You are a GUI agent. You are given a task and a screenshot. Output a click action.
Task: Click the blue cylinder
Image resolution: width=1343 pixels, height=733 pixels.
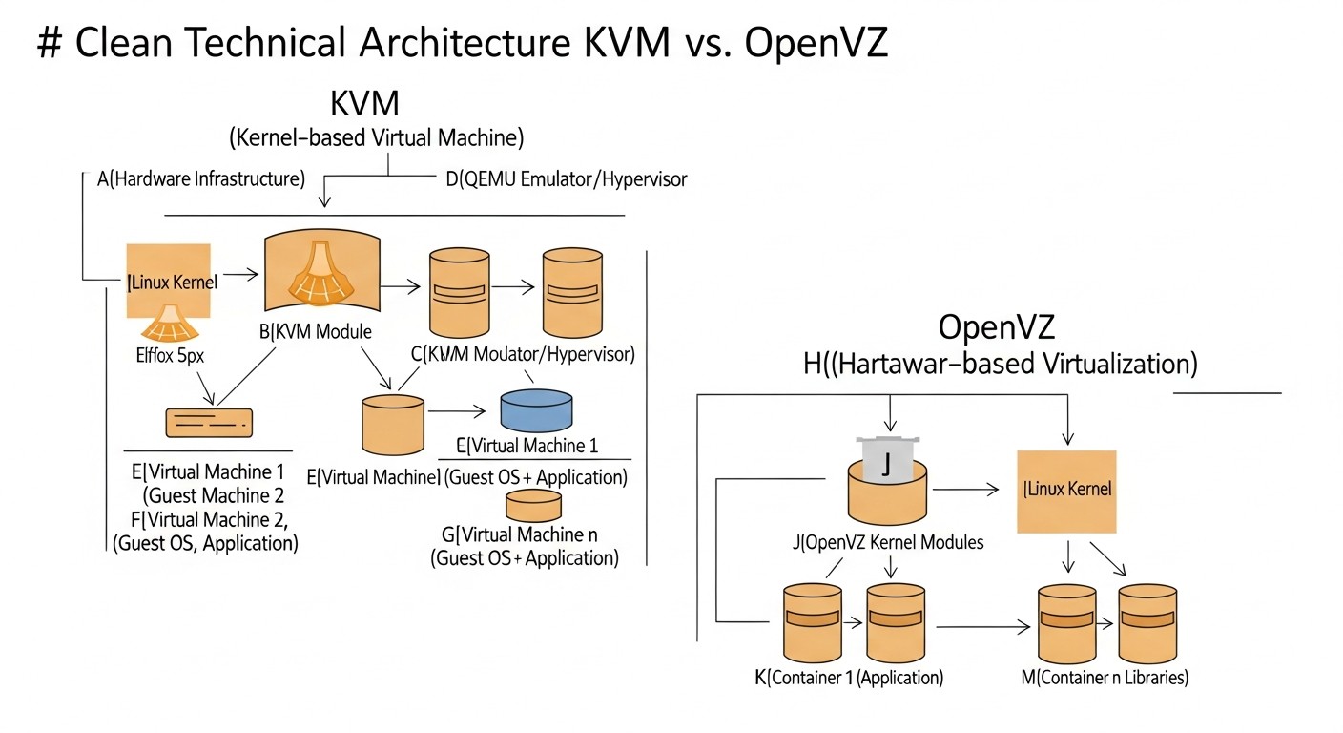(x=536, y=409)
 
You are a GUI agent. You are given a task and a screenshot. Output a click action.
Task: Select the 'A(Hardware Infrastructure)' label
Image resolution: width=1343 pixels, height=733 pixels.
(x=201, y=178)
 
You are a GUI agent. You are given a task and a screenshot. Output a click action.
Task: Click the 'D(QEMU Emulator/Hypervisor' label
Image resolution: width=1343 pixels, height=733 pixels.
(x=567, y=178)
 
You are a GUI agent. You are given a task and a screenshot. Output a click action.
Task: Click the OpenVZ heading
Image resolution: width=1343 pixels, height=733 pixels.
(x=997, y=327)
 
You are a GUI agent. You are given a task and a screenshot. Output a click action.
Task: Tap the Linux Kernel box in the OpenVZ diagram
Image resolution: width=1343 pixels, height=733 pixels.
(x=1066, y=490)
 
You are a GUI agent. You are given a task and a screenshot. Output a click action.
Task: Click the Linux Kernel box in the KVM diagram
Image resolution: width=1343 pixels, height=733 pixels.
(x=170, y=282)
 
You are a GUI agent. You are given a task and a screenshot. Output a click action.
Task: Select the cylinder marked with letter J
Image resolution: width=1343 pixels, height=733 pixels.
(x=888, y=482)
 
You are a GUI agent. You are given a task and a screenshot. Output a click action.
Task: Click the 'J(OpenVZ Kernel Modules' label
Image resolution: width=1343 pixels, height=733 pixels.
(x=888, y=542)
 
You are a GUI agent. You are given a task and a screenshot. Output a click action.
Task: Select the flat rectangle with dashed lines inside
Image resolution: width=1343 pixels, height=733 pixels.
(x=208, y=420)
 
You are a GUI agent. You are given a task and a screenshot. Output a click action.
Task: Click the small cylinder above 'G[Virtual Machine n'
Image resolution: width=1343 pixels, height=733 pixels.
(x=533, y=504)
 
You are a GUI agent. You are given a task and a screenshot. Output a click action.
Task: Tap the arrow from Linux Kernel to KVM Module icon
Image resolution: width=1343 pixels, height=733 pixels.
(x=239, y=275)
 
